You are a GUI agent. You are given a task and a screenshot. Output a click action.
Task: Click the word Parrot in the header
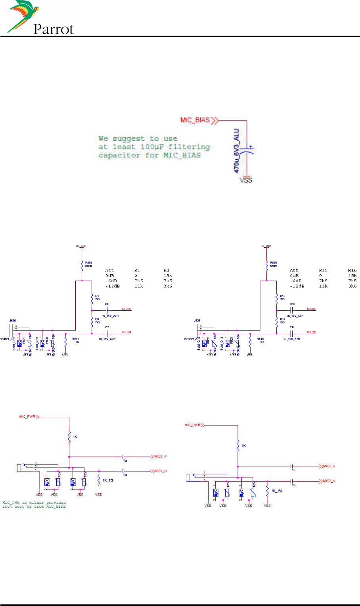(x=54, y=29)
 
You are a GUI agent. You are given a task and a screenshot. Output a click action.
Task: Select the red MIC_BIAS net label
(x=195, y=120)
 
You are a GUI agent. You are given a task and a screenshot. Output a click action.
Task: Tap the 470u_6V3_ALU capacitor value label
(x=237, y=150)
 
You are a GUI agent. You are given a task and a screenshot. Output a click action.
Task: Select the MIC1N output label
(x=126, y=332)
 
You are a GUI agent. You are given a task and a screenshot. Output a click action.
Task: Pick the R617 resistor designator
(x=75, y=339)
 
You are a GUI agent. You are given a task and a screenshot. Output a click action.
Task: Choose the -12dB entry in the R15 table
(x=297, y=286)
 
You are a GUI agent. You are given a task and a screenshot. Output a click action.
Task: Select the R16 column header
(x=352, y=270)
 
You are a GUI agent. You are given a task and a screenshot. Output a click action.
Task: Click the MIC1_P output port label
(x=160, y=457)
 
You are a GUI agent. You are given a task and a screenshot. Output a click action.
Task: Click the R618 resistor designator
(x=260, y=339)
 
